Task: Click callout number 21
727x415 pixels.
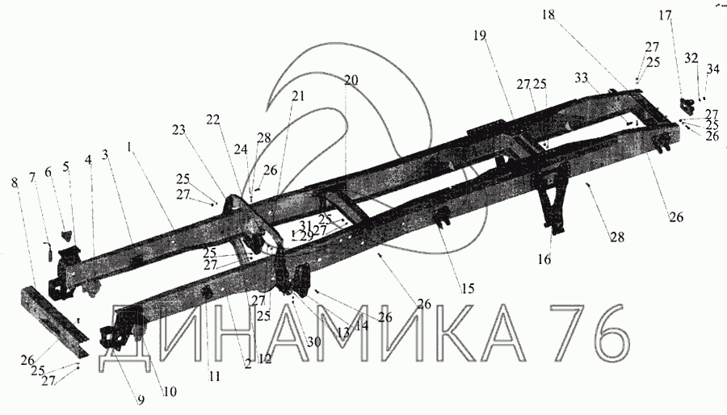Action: click(299, 96)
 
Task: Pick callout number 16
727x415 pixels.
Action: click(545, 259)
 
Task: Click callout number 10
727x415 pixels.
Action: click(170, 392)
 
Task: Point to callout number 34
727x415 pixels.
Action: click(711, 71)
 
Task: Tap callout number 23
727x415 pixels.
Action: click(178, 130)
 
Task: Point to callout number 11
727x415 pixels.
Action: click(214, 375)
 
